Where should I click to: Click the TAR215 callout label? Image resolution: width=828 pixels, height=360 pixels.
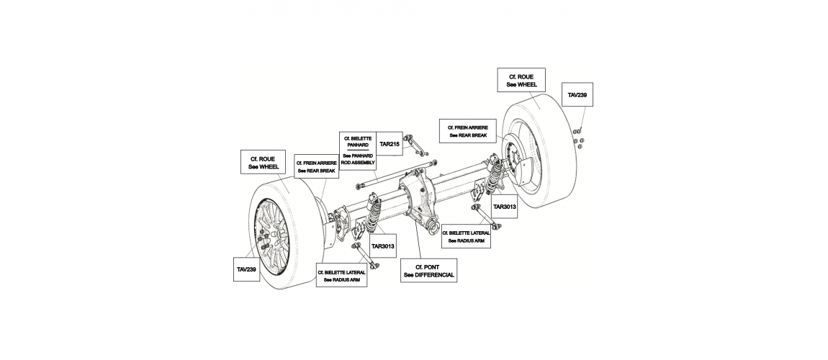click(x=390, y=143)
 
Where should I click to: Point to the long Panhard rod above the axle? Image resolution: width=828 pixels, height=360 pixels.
click(x=396, y=174)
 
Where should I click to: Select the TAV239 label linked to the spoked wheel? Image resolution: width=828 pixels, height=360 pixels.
click(x=247, y=269)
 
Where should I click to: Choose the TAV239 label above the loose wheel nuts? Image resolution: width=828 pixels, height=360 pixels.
click(x=577, y=95)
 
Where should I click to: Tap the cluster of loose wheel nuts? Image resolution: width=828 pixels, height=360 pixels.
click(x=578, y=138)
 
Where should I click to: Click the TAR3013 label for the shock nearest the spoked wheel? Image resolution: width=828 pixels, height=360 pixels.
click(x=383, y=246)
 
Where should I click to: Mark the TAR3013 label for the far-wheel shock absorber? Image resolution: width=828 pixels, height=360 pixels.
click(x=504, y=207)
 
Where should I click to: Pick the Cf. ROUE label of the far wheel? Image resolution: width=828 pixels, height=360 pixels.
click(x=522, y=81)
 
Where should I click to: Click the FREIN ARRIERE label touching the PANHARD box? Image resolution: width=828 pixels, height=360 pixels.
click(x=317, y=167)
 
